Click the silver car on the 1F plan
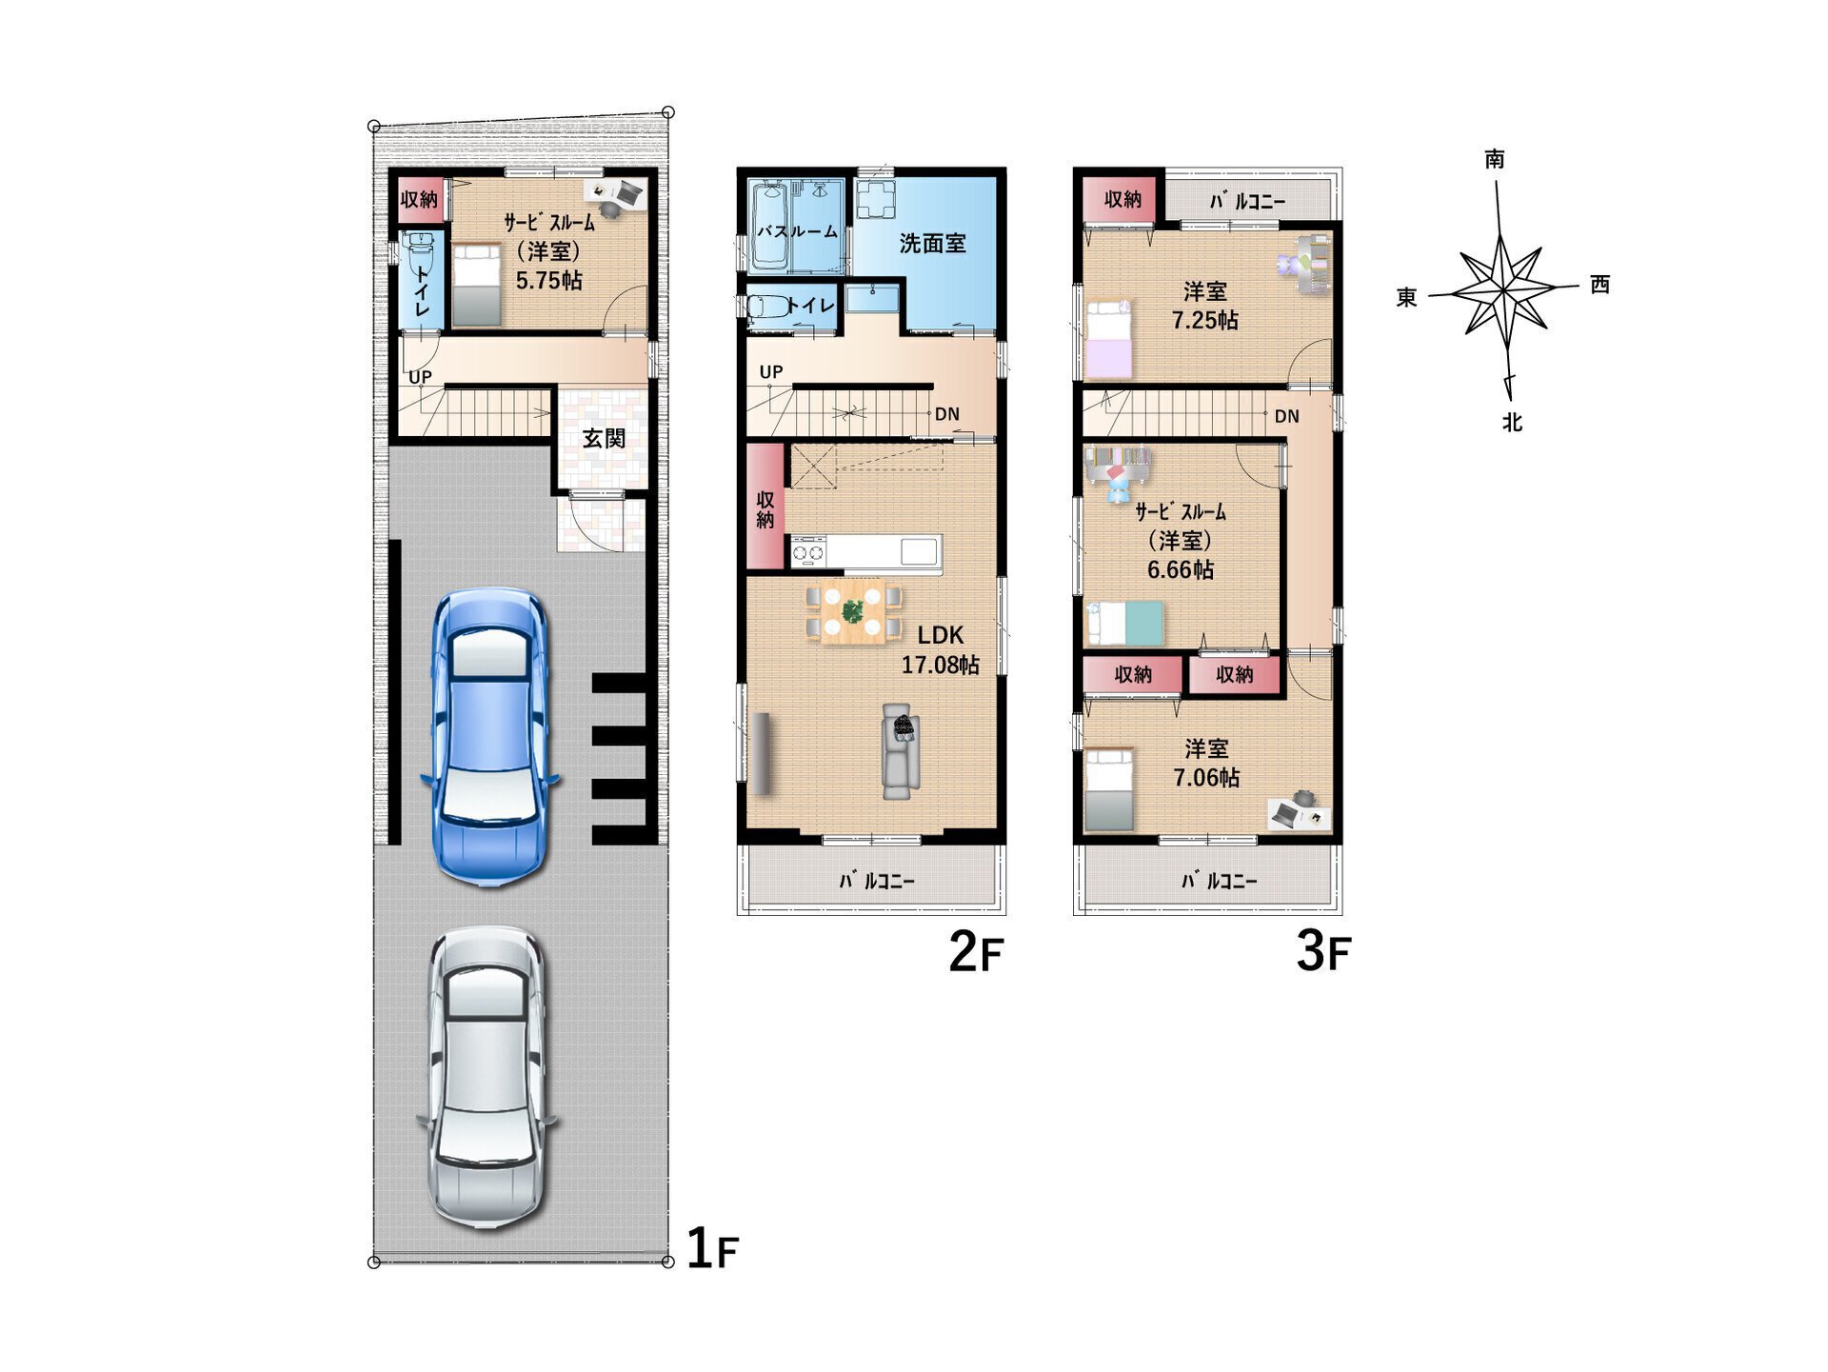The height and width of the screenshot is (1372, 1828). tap(487, 1077)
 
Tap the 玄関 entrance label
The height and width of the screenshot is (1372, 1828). tap(604, 438)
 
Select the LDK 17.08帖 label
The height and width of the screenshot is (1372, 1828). tap(941, 649)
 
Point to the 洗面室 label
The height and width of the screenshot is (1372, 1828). tap(932, 244)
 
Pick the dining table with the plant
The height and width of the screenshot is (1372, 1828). tap(852, 611)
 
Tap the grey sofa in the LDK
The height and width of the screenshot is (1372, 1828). tap(900, 751)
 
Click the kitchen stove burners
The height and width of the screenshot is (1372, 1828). tap(808, 551)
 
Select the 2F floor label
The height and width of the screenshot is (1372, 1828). tap(976, 951)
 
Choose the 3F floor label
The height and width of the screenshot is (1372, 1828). tap(1323, 951)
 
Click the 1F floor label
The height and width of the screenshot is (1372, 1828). tap(712, 1248)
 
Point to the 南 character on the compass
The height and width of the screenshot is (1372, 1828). tap(1495, 159)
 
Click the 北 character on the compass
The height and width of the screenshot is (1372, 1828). tap(1512, 422)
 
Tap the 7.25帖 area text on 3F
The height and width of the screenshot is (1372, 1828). tap(1205, 320)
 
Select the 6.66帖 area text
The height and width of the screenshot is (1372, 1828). tap(1181, 569)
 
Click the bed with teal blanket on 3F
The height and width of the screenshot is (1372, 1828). tap(1125, 623)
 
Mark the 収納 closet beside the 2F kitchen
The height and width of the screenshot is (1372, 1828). tap(765, 507)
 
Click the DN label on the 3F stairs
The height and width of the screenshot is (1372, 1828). tap(1287, 416)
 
